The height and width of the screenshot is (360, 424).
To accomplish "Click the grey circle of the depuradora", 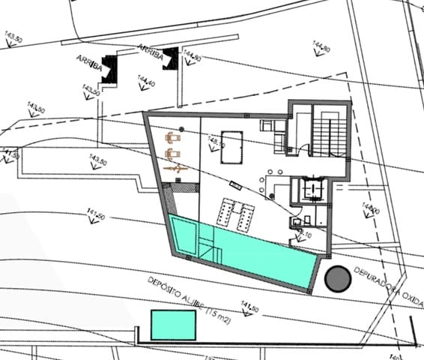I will click(338, 278).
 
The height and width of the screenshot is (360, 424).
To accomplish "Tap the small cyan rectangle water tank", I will click(174, 324).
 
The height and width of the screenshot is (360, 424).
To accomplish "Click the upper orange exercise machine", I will click(174, 138).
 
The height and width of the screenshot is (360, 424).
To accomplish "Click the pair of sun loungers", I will click(234, 215).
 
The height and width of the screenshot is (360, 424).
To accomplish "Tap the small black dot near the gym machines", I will click(181, 127).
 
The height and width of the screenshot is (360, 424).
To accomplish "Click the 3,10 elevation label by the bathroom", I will click(305, 235).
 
